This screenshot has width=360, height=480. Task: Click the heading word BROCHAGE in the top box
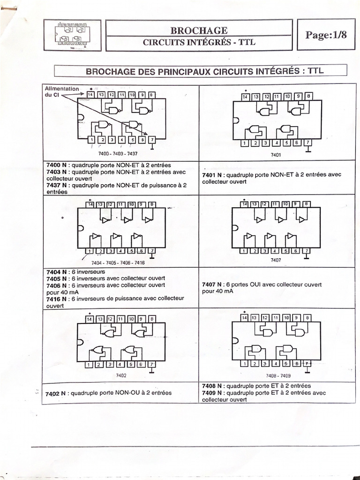(x=199, y=30)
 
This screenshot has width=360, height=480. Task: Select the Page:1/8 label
(x=326, y=35)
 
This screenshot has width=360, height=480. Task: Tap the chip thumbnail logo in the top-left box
(x=72, y=35)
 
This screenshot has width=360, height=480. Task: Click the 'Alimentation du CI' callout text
(x=61, y=91)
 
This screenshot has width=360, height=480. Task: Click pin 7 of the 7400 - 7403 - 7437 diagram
(x=152, y=139)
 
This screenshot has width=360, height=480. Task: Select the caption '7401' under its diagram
(x=276, y=154)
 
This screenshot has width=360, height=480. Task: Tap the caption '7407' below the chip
(x=276, y=260)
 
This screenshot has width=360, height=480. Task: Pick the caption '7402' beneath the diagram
(x=121, y=375)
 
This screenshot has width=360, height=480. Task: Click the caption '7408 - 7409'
(x=278, y=376)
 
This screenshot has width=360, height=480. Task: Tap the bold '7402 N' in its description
(x=55, y=394)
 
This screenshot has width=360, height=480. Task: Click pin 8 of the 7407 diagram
(x=306, y=204)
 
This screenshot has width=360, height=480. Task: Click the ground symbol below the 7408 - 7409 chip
(x=307, y=372)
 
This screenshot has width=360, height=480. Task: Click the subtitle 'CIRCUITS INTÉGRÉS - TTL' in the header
(x=199, y=42)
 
